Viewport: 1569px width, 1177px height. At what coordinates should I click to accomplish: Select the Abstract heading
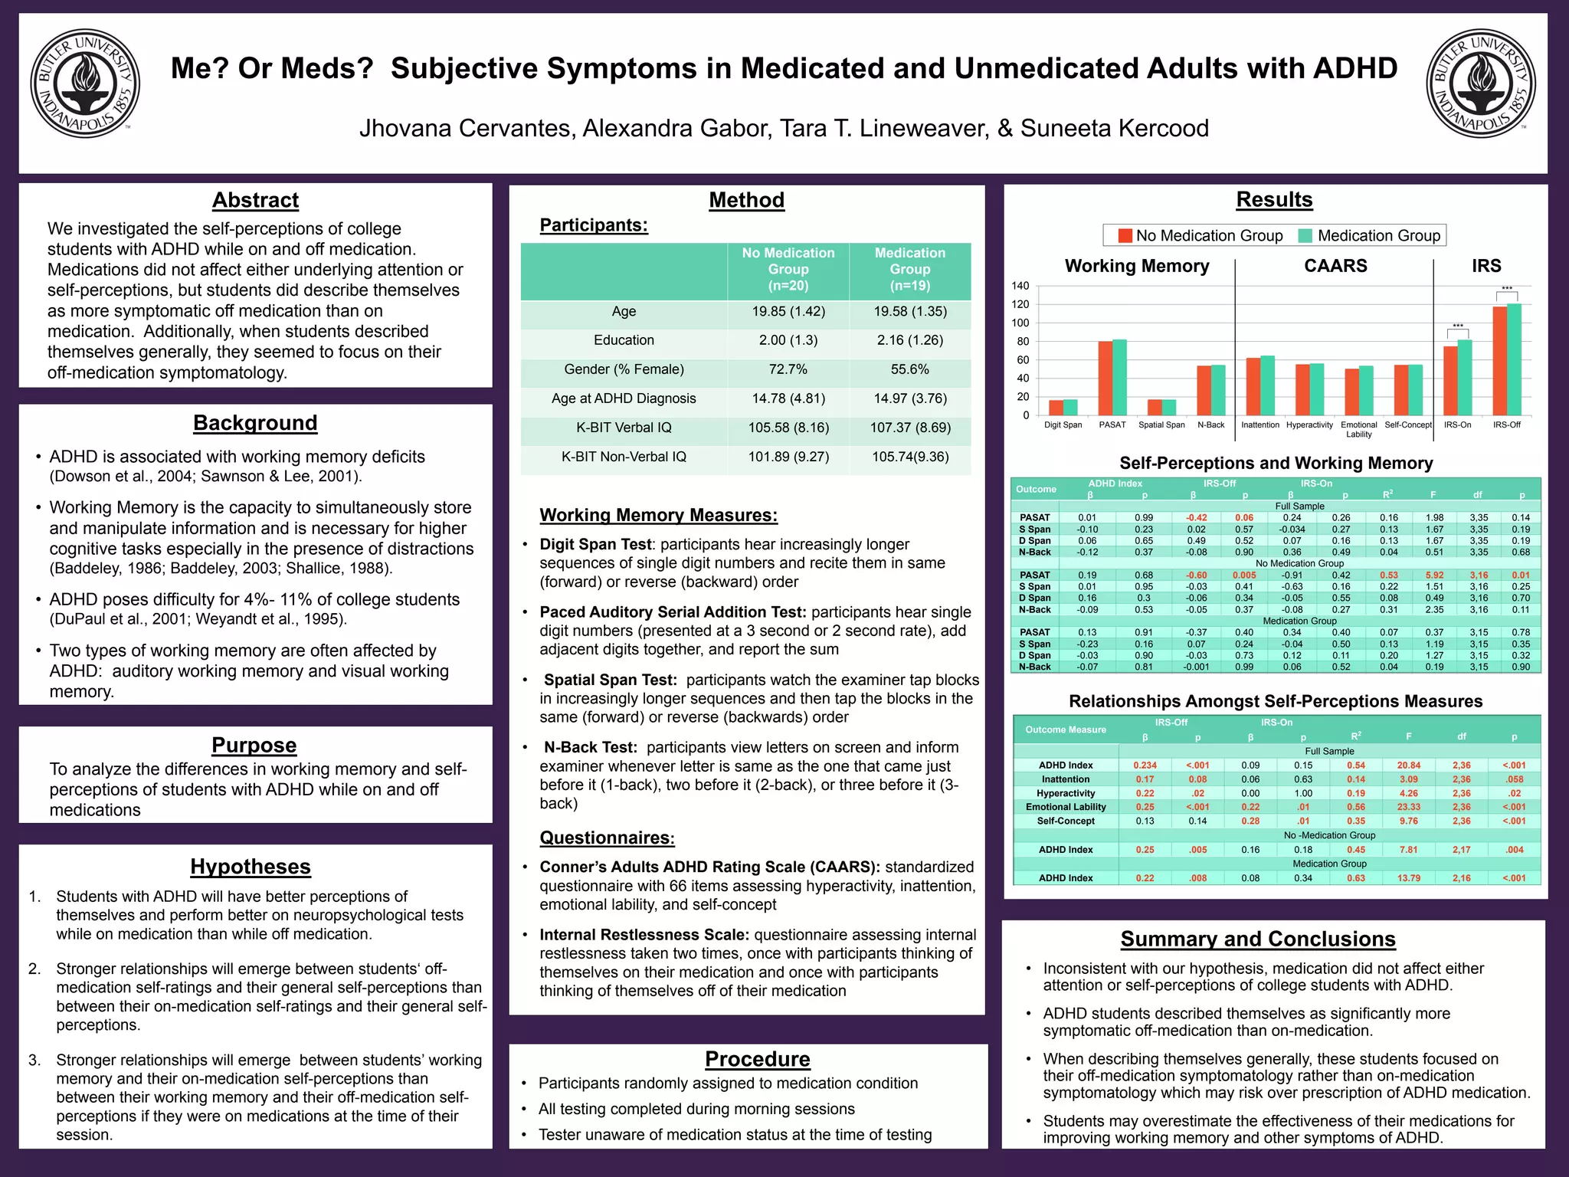[255, 200]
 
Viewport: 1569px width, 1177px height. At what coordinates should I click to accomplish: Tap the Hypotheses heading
[251, 867]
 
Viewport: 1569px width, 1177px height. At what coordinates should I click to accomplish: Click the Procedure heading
[757, 1059]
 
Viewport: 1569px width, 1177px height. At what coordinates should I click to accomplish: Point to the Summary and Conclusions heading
[1258, 939]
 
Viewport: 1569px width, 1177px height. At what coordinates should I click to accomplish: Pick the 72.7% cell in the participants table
[788, 369]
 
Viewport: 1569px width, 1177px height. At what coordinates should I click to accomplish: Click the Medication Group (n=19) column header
[910, 269]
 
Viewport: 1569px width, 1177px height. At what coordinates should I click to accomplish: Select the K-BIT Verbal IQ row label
[624, 428]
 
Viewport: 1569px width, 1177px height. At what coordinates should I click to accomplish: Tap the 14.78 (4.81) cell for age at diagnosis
[788, 398]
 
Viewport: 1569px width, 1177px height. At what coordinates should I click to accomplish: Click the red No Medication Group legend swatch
[1125, 235]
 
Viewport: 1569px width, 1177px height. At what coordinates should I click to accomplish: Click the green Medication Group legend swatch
[1305, 235]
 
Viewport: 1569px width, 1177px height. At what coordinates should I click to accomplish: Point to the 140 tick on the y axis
[1020, 286]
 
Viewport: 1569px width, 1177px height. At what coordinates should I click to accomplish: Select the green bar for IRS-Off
[1514, 360]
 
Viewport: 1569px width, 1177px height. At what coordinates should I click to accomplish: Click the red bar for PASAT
[1106, 379]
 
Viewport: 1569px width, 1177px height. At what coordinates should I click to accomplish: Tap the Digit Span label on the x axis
[1063, 425]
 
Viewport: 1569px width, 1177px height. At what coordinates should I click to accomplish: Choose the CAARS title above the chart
[1335, 266]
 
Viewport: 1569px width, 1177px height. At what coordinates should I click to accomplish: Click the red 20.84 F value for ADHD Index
[1408, 766]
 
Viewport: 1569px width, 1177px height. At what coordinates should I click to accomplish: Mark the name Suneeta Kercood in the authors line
[1115, 128]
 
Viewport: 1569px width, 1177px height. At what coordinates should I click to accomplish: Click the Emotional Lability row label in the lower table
[1066, 807]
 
